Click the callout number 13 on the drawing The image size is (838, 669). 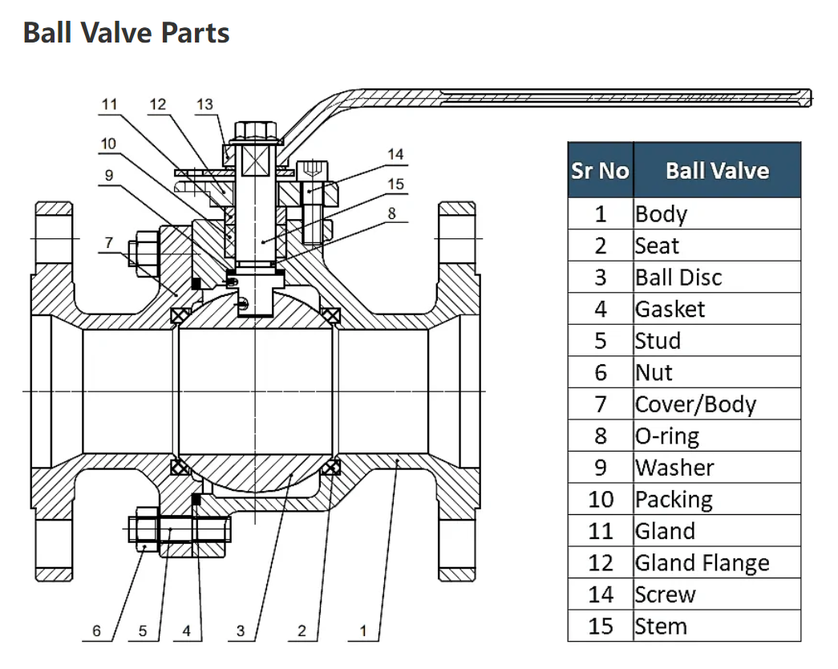(x=204, y=104)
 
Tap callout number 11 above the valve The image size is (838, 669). (x=109, y=104)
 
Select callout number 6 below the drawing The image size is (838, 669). (x=96, y=631)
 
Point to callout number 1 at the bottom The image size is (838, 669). (x=362, y=631)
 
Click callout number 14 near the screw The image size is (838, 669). (x=395, y=154)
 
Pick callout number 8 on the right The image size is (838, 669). (x=391, y=213)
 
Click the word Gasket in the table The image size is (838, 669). (x=670, y=309)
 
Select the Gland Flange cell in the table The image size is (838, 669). (x=702, y=563)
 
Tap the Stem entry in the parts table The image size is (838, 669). (x=661, y=626)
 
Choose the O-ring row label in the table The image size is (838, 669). (x=666, y=436)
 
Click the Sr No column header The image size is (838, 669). (x=600, y=171)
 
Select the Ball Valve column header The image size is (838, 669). (x=717, y=171)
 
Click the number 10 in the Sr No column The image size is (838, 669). (x=600, y=500)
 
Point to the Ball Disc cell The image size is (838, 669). (x=678, y=278)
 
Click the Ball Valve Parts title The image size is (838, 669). (x=127, y=33)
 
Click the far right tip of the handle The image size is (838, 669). (x=810, y=98)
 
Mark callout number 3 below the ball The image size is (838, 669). (x=241, y=631)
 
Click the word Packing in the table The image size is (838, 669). (x=674, y=500)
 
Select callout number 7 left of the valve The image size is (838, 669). (x=109, y=242)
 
